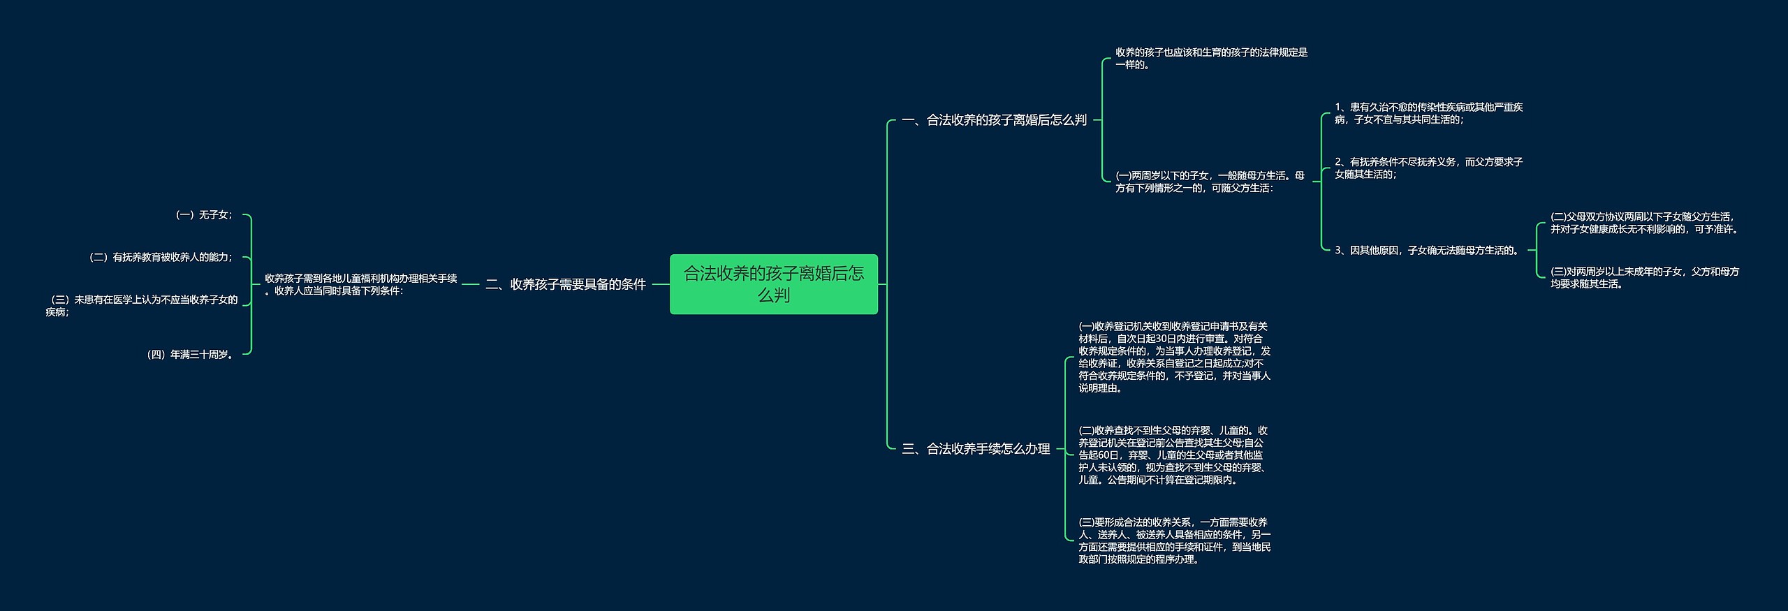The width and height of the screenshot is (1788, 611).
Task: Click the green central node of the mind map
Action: coord(773,284)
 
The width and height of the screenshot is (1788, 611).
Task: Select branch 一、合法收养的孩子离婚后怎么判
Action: coord(994,120)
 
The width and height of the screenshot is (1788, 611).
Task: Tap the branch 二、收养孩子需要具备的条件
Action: coord(566,284)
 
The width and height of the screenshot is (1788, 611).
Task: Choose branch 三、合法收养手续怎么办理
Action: coord(976,449)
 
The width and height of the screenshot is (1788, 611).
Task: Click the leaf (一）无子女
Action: coord(203,215)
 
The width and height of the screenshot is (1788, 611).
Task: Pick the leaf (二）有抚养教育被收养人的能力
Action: coord(161,257)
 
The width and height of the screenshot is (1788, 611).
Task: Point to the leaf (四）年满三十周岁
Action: coord(190,355)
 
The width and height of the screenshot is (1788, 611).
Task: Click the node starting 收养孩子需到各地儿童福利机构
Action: coord(360,284)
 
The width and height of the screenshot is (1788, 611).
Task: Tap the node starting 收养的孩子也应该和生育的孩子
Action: coord(1211,59)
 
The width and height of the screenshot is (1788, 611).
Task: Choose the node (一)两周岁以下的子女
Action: coord(1209,182)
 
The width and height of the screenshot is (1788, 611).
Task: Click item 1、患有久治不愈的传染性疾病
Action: coord(1428,113)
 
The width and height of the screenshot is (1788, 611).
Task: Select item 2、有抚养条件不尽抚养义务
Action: coord(1428,168)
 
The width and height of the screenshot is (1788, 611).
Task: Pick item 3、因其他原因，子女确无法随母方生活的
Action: coord(1428,250)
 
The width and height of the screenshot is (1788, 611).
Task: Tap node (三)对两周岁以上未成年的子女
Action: coord(1644,277)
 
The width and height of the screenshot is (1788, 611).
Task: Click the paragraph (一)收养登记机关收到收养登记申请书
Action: coord(1174,357)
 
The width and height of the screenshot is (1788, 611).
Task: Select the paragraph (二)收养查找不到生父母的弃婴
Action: coord(1173,455)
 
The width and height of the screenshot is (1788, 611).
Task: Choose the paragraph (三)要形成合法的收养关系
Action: coord(1174,540)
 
